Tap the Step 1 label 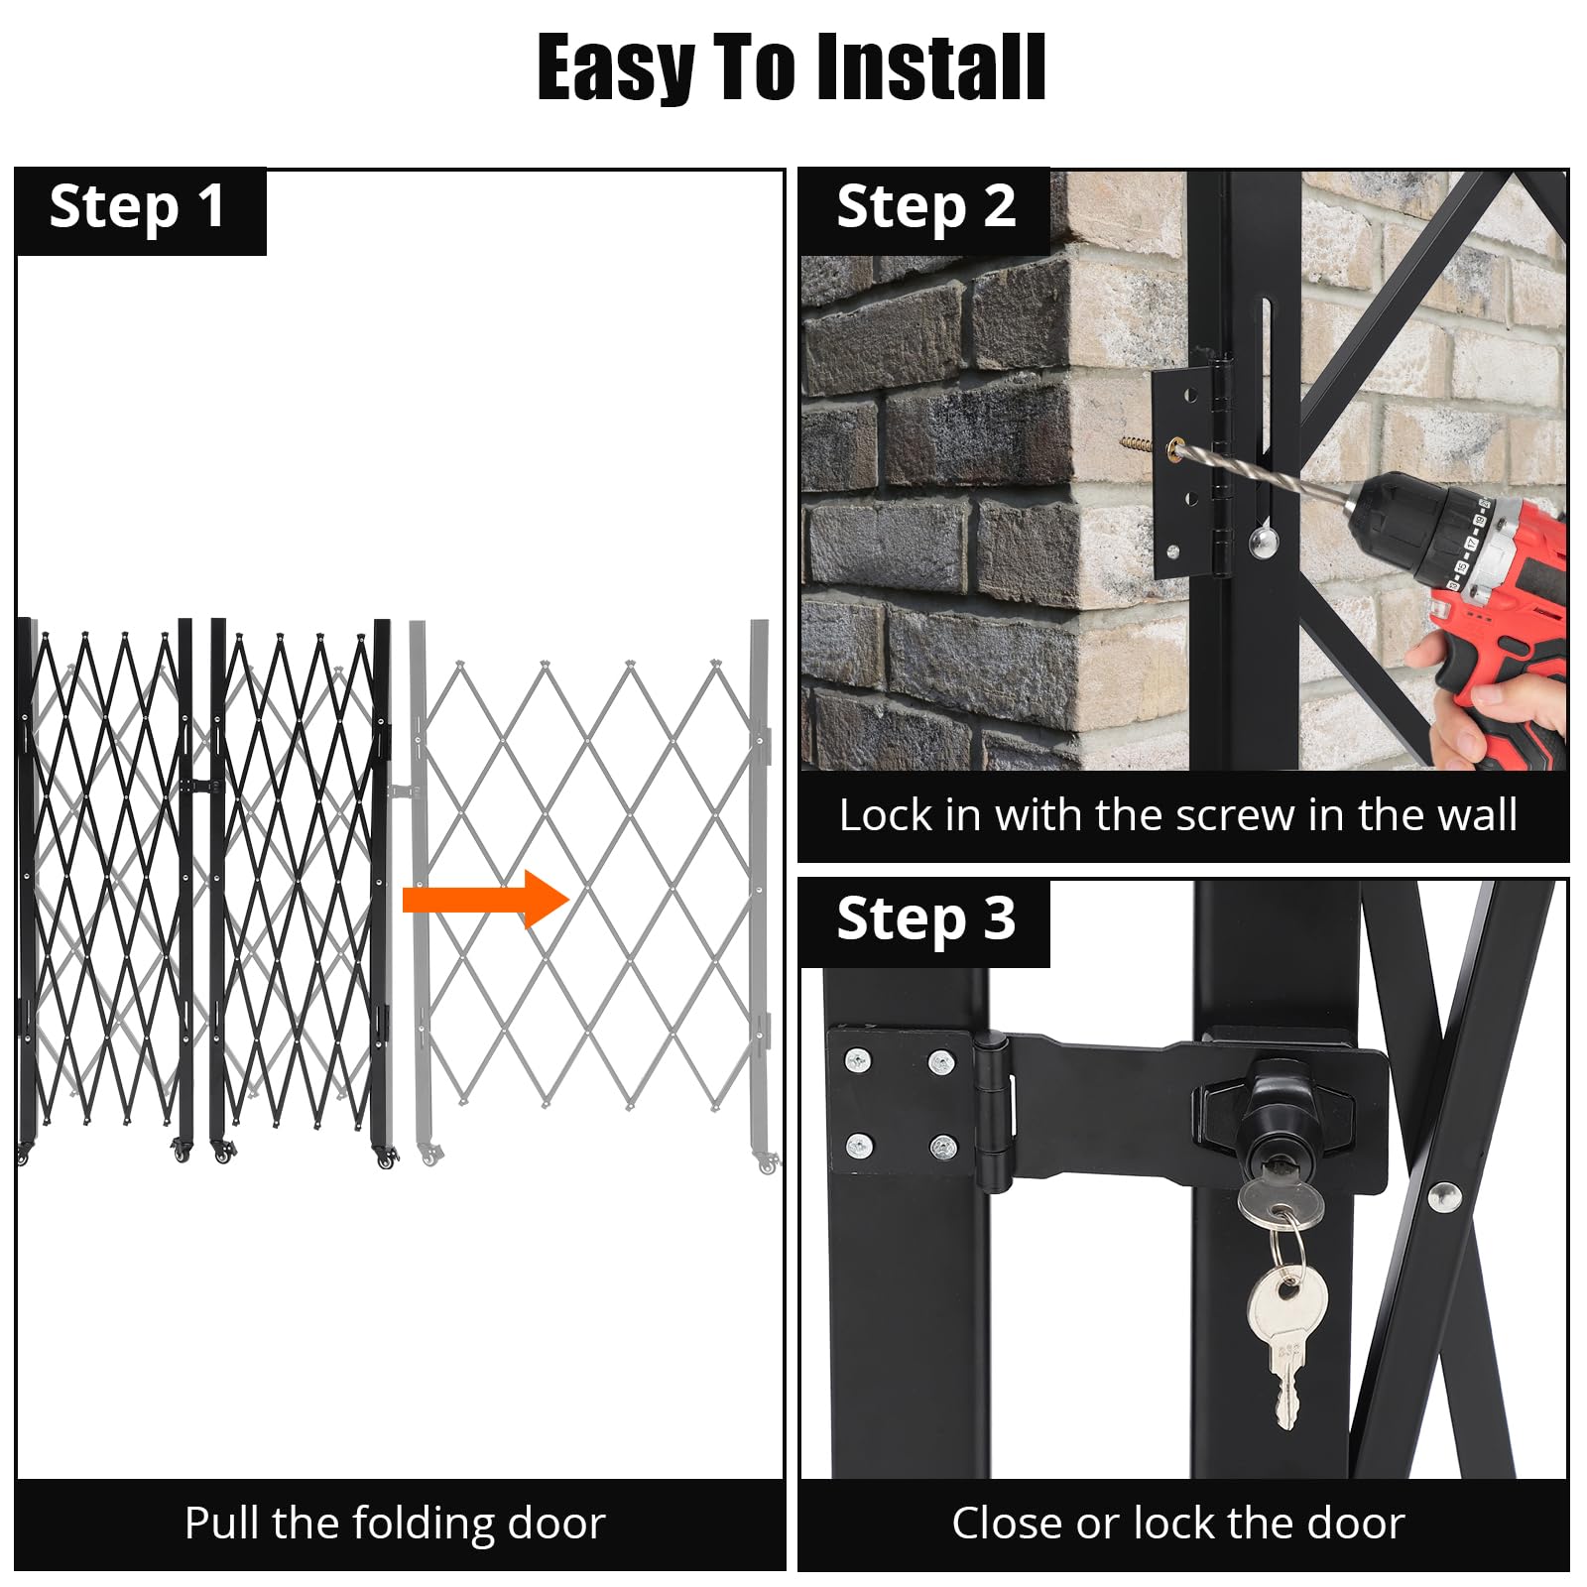(x=137, y=207)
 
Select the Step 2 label (x=925, y=207)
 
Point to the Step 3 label (x=925, y=918)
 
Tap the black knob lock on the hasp (x=1278, y=1112)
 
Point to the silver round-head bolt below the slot (x=1263, y=542)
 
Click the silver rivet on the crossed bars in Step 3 (x=1442, y=1196)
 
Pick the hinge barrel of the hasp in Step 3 (x=993, y=1111)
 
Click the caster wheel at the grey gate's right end (x=767, y=1162)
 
